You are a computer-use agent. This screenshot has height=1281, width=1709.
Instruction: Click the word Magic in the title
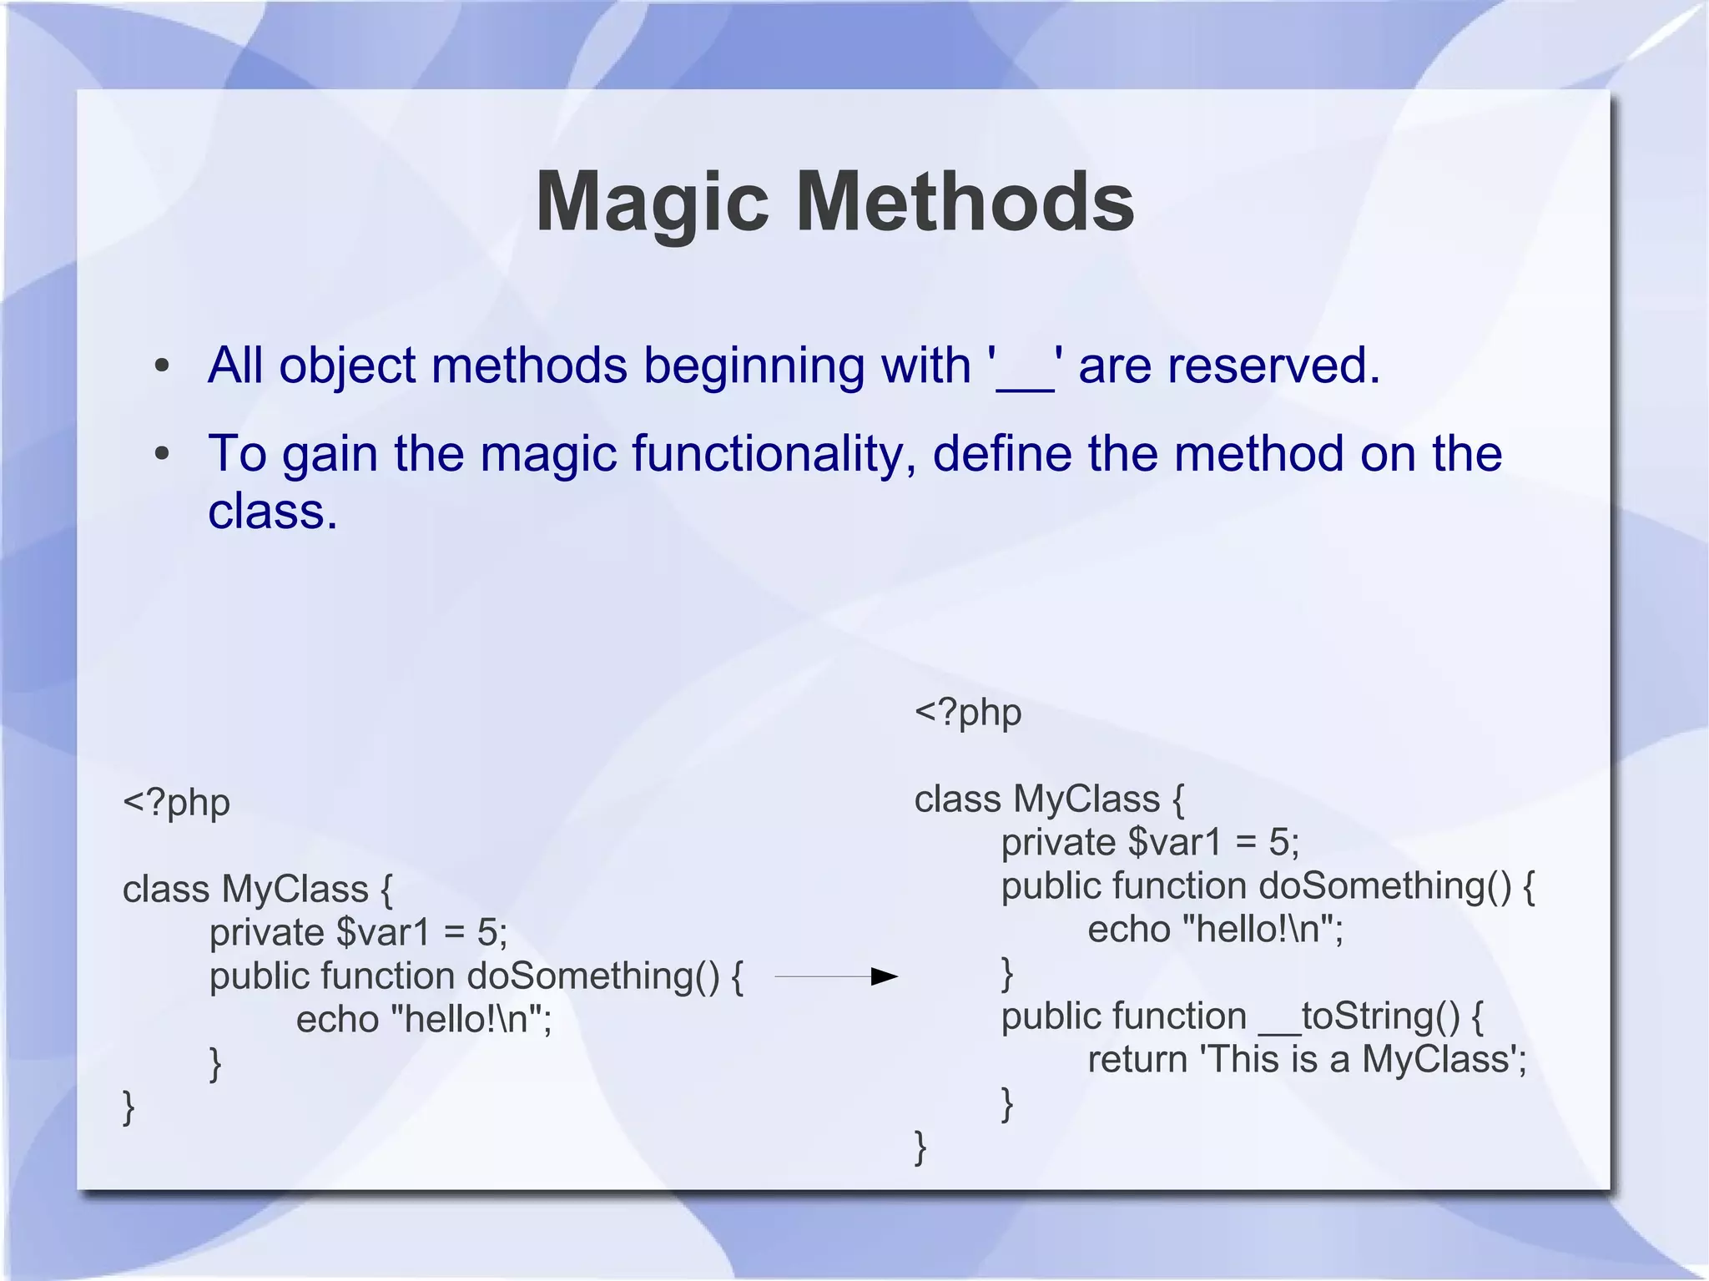click(x=651, y=203)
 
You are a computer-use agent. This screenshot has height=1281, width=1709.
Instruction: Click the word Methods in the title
click(x=965, y=203)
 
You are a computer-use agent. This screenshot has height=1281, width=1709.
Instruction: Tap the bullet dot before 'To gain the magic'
click(x=162, y=454)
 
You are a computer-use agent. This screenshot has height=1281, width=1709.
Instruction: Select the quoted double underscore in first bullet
click(x=1026, y=367)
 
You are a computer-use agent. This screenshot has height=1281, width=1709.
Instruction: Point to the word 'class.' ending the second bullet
click(x=273, y=512)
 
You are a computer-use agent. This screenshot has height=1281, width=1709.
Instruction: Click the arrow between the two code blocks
click(x=836, y=976)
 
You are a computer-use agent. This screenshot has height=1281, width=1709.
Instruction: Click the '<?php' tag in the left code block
click(x=176, y=803)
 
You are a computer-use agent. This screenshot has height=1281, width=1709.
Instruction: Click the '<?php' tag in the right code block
click(x=968, y=713)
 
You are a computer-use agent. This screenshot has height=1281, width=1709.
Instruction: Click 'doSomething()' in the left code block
click(x=592, y=976)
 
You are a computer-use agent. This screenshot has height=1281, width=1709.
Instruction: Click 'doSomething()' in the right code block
click(x=1384, y=885)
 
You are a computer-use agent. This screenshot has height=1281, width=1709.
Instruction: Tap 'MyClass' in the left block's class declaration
click(x=295, y=889)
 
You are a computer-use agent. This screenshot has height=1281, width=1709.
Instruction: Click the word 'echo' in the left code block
click(x=337, y=1020)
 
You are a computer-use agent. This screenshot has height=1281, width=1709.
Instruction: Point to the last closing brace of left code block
click(x=129, y=1107)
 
